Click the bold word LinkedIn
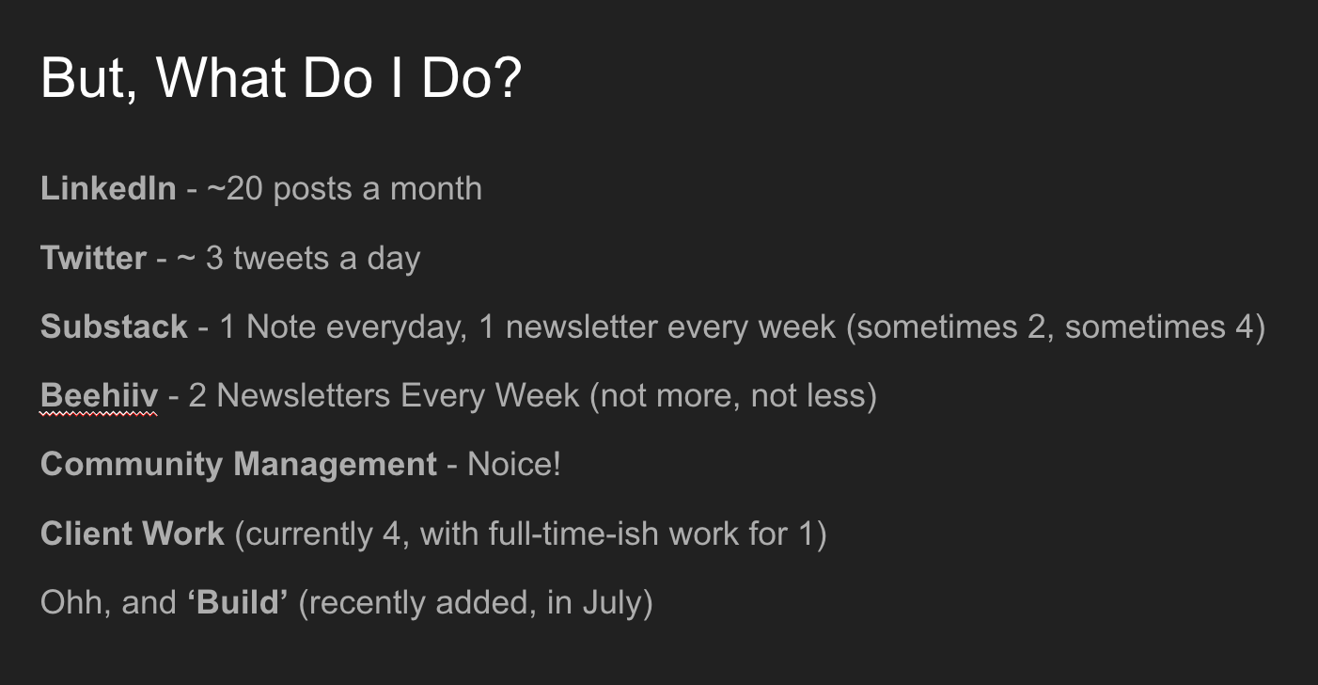[108, 188]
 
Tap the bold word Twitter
[94, 258]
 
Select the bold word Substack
[114, 327]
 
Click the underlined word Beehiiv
[99, 395]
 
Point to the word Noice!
[513, 464]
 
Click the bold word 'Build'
[238, 602]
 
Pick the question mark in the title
[508, 77]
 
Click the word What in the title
[221, 77]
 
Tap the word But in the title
[83, 77]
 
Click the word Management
[335, 466]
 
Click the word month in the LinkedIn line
[436, 189]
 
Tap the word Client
[83, 534]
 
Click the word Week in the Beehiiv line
[537, 395]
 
